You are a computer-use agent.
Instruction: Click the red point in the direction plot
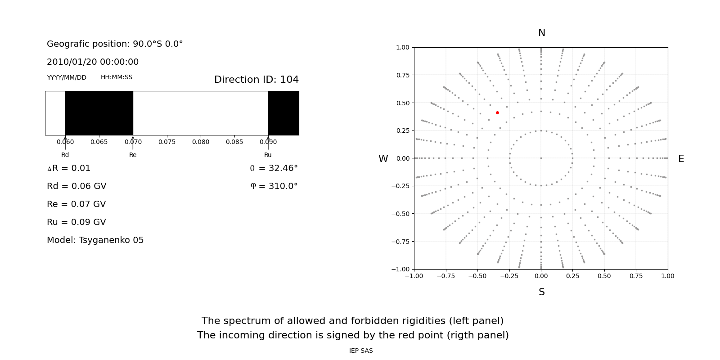click(497, 112)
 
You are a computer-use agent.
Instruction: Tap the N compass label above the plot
click(541, 33)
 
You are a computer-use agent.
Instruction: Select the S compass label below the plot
click(541, 292)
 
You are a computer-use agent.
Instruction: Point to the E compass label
click(681, 159)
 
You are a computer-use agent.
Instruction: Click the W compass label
click(383, 159)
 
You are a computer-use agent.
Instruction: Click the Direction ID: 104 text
click(256, 80)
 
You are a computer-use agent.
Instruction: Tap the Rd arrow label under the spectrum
click(65, 155)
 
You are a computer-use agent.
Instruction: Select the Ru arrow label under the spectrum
click(268, 155)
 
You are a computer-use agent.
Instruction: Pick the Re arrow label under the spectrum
click(133, 155)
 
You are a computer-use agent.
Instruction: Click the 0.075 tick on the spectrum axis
click(167, 142)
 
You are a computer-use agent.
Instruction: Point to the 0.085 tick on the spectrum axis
click(234, 142)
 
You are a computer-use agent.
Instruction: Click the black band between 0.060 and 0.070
click(99, 113)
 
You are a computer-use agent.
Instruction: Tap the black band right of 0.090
click(283, 113)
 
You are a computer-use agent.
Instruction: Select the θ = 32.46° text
click(274, 168)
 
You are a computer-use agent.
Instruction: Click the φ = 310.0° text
click(274, 186)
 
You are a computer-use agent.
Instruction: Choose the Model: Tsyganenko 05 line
click(95, 240)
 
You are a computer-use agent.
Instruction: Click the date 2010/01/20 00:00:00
click(93, 62)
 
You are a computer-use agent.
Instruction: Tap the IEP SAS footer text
click(361, 351)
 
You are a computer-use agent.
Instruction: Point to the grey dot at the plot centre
click(541, 158)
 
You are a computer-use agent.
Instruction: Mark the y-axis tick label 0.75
click(402, 75)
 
